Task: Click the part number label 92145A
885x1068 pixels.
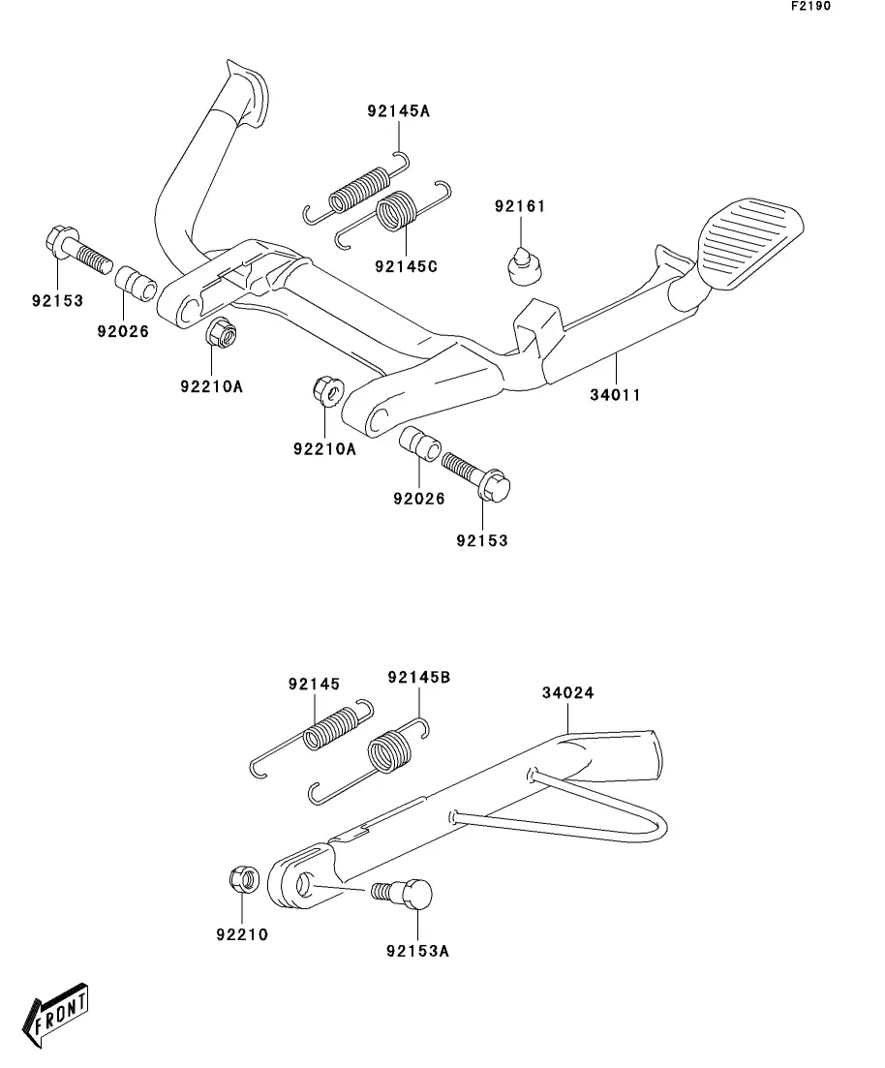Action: tap(399, 110)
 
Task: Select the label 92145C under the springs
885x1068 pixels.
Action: tap(406, 266)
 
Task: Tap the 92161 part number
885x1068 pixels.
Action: tap(520, 205)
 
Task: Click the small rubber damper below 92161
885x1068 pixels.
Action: tap(526, 265)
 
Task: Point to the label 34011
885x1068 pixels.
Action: tap(615, 394)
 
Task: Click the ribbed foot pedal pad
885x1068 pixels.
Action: tap(752, 242)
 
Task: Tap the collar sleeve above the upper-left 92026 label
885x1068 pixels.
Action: tap(136, 285)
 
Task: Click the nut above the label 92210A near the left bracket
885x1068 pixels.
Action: tap(221, 334)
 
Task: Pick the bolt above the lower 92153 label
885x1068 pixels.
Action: tap(475, 475)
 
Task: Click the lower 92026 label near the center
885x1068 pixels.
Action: tap(419, 499)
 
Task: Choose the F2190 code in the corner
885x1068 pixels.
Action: tap(810, 6)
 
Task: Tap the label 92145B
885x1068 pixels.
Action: tap(419, 677)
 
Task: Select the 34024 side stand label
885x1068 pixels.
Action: tap(568, 692)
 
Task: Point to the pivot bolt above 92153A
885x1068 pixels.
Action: tap(403, 894)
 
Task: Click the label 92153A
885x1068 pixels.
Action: tap(417, 950)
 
